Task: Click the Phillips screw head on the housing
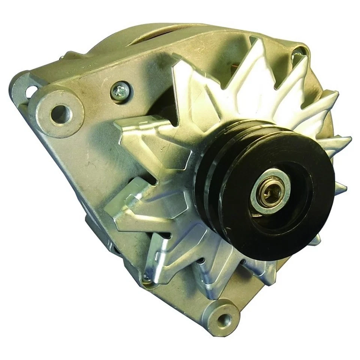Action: tap(121, 91)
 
